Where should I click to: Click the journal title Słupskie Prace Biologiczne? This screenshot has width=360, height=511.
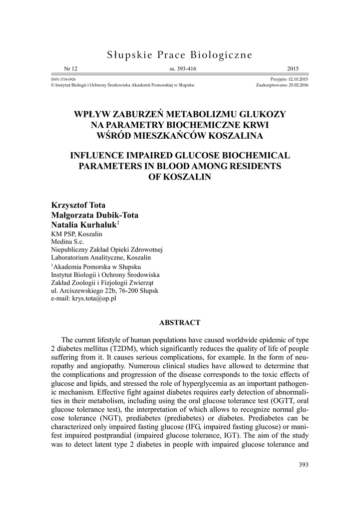pyautogui.click(x=180, y=54)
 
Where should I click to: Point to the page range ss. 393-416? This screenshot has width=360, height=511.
pyautogui.click(x=180, y=69)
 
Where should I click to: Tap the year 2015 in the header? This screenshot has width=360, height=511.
pyautogui.click(x=301, y=69)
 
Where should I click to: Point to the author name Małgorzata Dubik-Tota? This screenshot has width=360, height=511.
pyautogui.click(x=95, y=216)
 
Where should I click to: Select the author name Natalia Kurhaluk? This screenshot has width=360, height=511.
pyautogui.click(x=83, y=225)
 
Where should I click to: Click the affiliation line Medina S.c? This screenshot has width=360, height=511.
pyautogui.click(x=68, y=242)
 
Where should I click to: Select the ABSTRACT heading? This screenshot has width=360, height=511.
pyautogui.click(x=180, y=322)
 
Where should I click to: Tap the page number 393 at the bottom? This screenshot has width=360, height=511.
pyautogui.click(x=303, y=465)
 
